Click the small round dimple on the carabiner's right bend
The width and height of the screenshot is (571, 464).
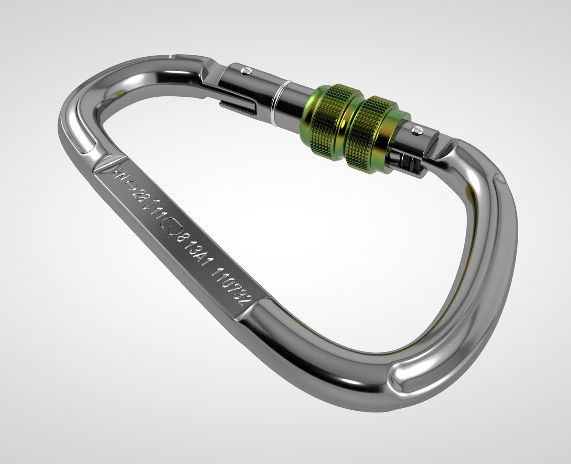[498, 178]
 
